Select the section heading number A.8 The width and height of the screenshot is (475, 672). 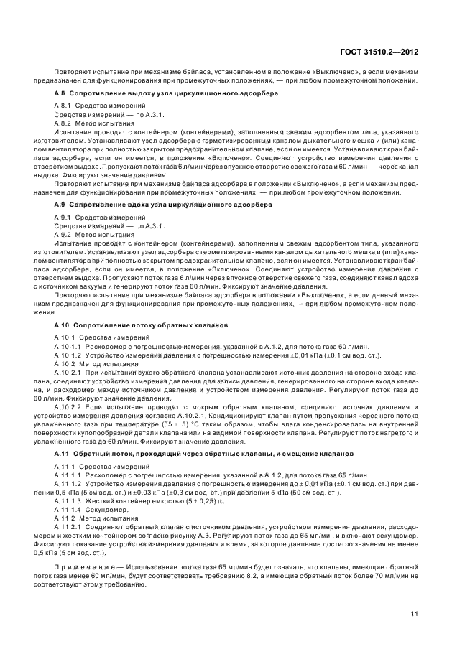coord(60,94)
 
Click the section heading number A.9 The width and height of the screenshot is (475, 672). coord(60,205)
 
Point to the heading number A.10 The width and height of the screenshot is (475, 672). coord(62,325)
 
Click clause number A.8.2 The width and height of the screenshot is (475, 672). coord(65,123)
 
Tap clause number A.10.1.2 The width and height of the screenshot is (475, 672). coord(70,354)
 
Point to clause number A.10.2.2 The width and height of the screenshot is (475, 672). coord(70,406)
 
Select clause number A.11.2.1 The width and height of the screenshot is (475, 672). coord(70,526)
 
